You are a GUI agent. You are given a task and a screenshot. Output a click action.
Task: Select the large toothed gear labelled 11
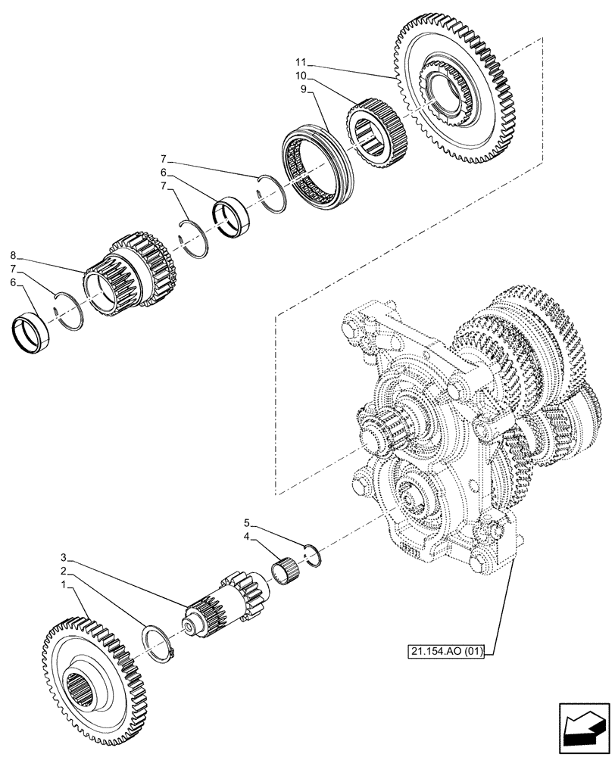tap(462, 98)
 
